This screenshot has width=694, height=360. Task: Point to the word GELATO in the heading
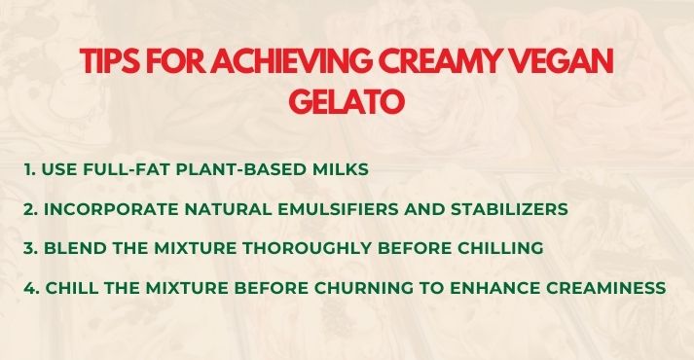(347, 101)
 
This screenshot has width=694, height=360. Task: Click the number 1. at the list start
(30, 169)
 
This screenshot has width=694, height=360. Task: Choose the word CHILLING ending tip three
(498, 249)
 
